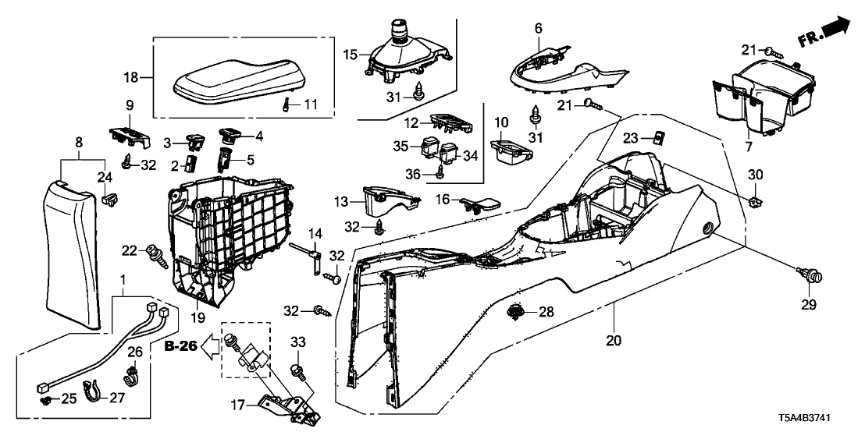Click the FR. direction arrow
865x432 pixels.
click(x=826, y=33)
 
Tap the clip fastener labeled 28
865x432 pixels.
click(x=514, y=313)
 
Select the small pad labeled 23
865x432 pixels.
click(x=659, y=138)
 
